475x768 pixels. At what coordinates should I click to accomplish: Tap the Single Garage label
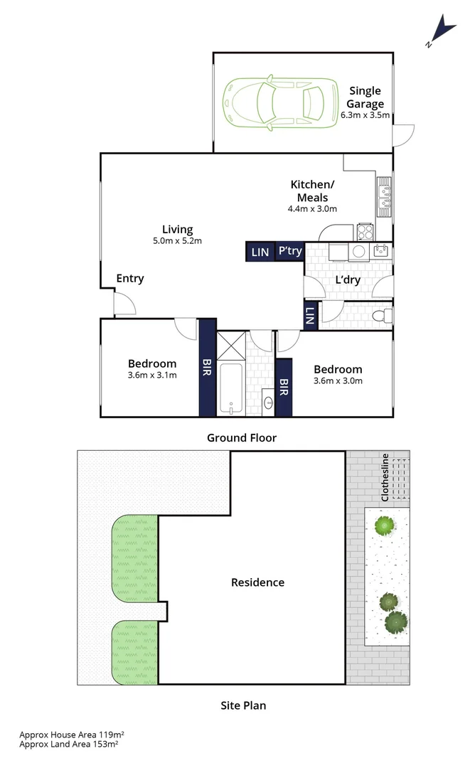(x=365, y=97)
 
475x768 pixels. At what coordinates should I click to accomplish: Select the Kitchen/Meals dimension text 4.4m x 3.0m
(x=311, y=209)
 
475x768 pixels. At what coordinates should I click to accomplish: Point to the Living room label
(x=177, y=229)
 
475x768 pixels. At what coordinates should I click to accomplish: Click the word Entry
(x=129, y=278)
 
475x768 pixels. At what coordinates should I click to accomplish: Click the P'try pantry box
(x=289, y=251)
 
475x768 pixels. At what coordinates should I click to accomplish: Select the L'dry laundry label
(x=347, y=280)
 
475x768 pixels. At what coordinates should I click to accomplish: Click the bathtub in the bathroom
(x=230, y=388)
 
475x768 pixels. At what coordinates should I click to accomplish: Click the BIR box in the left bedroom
(x=207, y=368)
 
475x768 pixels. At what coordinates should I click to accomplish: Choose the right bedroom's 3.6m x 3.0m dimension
(x=338, y=381)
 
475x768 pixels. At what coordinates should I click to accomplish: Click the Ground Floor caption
(x=241, y=437)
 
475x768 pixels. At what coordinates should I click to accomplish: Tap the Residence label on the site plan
(x=257, y=582)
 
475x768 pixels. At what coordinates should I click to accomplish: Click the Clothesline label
(x=385, y=477)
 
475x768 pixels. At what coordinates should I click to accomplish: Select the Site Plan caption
(x=241, y=705)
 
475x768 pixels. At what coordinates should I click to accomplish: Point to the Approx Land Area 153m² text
(x=68, y=744)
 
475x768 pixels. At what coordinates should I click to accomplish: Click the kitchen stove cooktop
(x=365, y=230)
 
